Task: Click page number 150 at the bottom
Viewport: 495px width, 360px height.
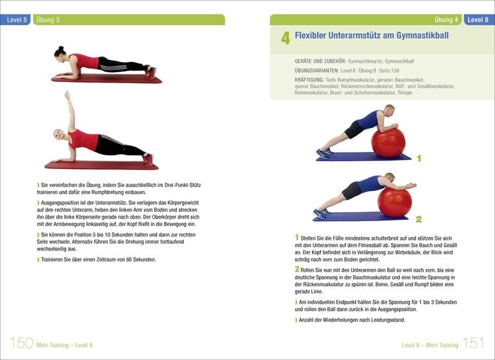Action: [x=22, y=343]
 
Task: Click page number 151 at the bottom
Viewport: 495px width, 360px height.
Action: [x=473, y=343]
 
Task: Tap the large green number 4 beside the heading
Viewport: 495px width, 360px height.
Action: [x=285, y=38]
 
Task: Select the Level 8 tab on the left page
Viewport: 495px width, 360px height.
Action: [x=16, y=20]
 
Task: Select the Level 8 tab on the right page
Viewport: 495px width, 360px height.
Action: [x=478, y=20]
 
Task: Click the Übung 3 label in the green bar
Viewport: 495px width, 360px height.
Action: [x=48, y=20]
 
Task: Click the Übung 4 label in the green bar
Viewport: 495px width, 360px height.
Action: [x=447, y=20]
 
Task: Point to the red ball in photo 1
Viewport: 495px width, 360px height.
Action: [x=387, y=143]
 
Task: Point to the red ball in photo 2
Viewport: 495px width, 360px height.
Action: [x=395, y=201]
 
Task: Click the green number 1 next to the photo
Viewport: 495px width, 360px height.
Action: [x=418, y=159]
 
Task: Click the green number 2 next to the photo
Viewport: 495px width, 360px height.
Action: [x=418, y=219]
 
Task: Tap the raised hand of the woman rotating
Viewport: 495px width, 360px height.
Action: [x=66, y=95]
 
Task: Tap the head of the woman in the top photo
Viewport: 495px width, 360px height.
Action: [x=60, y=52]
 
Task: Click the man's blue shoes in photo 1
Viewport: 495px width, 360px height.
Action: [x=324, y=153]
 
